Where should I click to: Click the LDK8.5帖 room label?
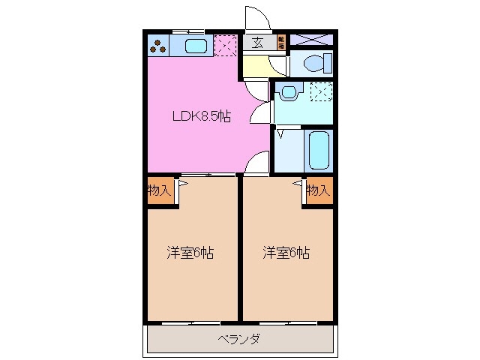click(202, 117)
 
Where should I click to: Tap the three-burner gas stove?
click(157, 45)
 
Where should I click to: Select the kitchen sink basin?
click(195, 46)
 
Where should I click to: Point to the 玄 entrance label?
click(257, 43)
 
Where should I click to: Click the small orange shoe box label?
click(281, 41)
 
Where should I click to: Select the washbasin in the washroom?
click(288, 93)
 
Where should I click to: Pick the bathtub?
click(319, 150)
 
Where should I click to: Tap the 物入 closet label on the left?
click(159, 190)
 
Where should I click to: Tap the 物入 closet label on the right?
click(319, 190)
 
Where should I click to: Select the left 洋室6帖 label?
click(190, 253)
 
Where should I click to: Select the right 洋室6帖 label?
click(286, 253)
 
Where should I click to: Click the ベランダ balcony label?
click(240, 340)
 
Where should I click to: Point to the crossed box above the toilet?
click(310, 39)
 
